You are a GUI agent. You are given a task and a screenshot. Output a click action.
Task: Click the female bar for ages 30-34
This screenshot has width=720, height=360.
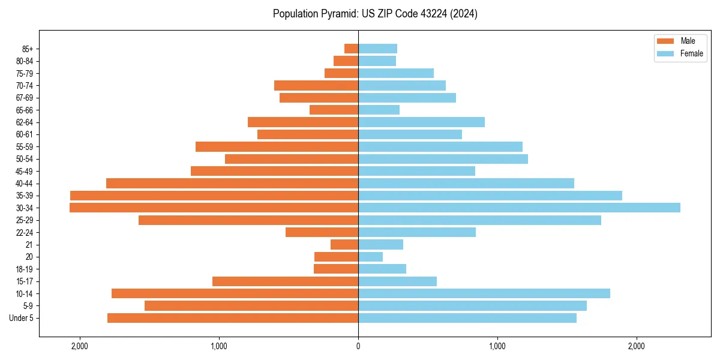point(519,208)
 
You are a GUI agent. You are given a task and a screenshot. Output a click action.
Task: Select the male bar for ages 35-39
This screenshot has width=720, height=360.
point(214,196)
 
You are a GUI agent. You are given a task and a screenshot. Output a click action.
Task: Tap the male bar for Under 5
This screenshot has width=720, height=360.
point(233,318)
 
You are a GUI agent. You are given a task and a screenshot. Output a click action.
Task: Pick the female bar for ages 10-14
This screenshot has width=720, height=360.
point(484,293)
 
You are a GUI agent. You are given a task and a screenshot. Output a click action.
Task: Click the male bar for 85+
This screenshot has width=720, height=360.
point(352,49)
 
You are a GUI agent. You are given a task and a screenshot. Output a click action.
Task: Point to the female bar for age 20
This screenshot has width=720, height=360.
point(371,257)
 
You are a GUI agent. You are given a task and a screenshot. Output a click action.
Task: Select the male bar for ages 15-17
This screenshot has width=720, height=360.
point(285,281)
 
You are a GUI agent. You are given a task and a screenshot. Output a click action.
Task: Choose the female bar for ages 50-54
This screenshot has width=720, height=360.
point(443,159)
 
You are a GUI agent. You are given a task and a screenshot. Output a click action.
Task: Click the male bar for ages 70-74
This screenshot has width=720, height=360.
point(316,85)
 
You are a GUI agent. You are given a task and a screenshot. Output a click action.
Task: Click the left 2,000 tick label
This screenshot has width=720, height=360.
point(79,346)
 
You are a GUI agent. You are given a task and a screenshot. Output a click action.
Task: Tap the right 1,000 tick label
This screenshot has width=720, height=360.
point(497,346)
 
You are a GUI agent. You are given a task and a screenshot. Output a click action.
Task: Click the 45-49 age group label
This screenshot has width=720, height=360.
point(25,171)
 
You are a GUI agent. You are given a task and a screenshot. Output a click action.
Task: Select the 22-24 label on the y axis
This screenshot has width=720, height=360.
point(25,232)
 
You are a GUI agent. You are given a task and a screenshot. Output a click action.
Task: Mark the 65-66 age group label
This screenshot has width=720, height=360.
point(25,110)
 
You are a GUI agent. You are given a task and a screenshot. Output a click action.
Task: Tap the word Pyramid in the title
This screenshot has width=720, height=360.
point(337,14)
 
